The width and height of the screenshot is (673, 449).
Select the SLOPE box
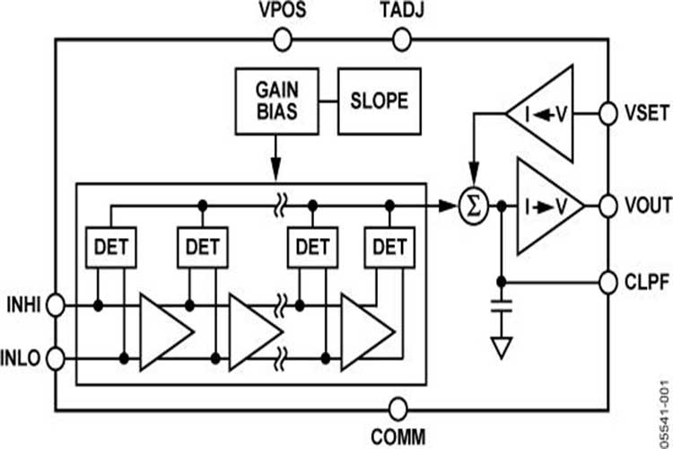tap(379, 100)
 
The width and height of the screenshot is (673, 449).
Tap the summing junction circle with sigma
tap(476, 207)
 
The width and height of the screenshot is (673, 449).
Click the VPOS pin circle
tap(283, 40)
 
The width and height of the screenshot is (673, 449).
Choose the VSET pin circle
tap(610, 114)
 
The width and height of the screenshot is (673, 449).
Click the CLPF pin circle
tap(610, 282)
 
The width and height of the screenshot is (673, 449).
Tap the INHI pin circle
tap(56, 305)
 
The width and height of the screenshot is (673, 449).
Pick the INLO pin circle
tap(56, 360)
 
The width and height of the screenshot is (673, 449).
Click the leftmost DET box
tap(110, 245)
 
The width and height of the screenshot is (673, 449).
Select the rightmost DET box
tap(389, 245)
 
